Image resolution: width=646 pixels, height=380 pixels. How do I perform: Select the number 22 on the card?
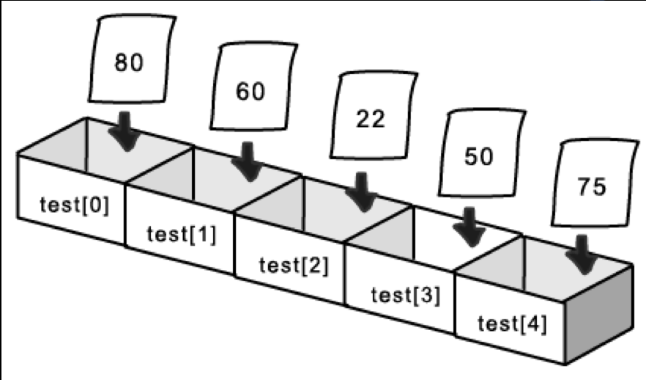(x=371, y=120)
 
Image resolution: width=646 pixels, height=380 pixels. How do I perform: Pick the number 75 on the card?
(x=591, y=187)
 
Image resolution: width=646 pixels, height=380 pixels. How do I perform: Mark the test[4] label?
(x=512, y=323)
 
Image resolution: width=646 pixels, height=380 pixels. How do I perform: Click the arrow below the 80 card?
(x=125, y=131)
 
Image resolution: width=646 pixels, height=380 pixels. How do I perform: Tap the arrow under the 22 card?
(x=361, y=193)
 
